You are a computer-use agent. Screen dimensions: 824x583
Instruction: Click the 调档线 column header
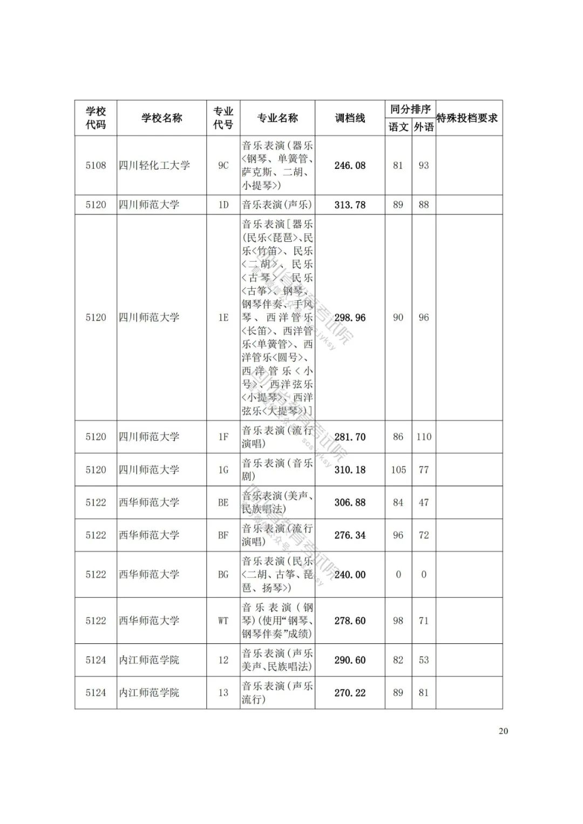[350, 118]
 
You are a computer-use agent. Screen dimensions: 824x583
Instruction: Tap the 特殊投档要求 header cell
[467, 118]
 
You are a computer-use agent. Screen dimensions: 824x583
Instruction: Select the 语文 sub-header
[398, 127]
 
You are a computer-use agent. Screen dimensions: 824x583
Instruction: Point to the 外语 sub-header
[424, 127]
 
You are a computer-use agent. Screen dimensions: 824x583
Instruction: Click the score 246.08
[350, 165]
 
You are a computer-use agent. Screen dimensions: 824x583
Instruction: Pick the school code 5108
[96, 165]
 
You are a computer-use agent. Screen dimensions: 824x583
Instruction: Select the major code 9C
[223, 165]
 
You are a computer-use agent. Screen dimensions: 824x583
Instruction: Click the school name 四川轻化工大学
[154, 165]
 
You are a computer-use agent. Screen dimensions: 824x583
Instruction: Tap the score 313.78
[350, 205]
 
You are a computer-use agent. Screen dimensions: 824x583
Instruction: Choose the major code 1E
[223, 317]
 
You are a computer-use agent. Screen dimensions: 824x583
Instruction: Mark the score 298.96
[350, 317]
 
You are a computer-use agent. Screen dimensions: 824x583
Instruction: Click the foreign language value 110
[424, 437]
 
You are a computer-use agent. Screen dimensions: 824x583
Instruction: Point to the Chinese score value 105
[398, 469]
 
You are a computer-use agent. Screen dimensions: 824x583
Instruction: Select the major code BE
[223, 502]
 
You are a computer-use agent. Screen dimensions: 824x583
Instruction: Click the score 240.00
[350, 575]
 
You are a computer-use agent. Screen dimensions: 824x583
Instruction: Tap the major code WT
[223, 621]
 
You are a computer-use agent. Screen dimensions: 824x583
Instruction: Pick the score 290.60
[350, 660]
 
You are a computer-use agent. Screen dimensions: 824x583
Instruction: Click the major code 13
[223, 692]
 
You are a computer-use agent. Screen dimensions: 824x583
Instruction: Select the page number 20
[503, 731]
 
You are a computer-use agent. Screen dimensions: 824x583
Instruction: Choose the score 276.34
[350, 535]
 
